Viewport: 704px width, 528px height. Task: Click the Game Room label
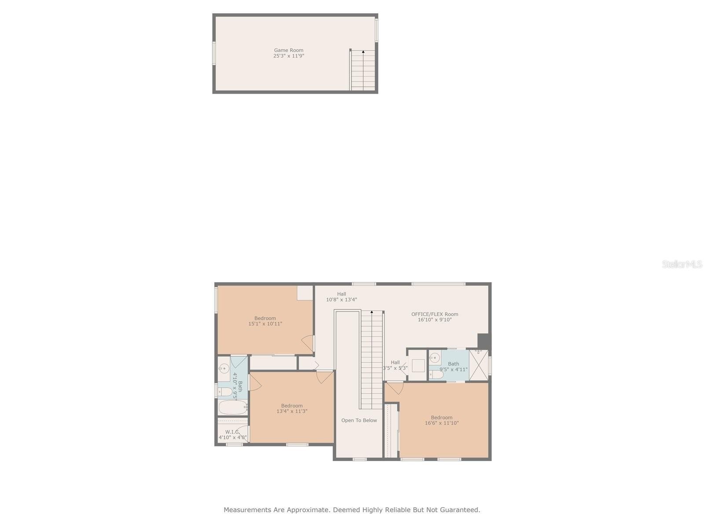pyautogui.click(x=288, y=50)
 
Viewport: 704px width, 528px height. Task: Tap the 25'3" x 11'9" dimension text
pyautogui.click(x=288, y=56)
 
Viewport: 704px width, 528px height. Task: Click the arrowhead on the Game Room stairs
pyautogui.click(x=363, y=51)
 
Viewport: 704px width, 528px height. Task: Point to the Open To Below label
pyautogui.click(x=359, y=420)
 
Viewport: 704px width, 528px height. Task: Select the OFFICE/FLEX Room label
pyautogui.click(x=435, y=314)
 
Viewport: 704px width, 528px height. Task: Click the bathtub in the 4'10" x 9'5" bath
pyautogui.click(x=233, y=407)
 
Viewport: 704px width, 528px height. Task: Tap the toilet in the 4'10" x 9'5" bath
pyautogui.click(x=225, y=392)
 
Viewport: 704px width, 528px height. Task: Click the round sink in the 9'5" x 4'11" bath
pyautogui.click(x=435, y=357)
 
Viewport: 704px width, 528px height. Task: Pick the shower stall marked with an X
pyautogui.click(x=479, y=365)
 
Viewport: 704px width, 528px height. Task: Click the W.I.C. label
pyautogui.click(x=232, y=432)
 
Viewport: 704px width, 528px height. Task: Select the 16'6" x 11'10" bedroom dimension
pyautogui.click(x=442, y=423)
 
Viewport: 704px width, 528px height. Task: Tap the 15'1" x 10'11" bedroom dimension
pyautogui.click(x=265, y=324)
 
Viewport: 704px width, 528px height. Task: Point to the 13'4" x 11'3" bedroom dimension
pyautogui.click(x=292, y=411)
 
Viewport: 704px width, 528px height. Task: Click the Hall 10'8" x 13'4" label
pyautogui.click(x=341, y=297)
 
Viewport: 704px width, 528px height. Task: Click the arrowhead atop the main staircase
pyautogui.click(x=372, y=312)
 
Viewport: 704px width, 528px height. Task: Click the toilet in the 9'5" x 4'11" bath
pyautogui.click(x=436, y=375)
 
